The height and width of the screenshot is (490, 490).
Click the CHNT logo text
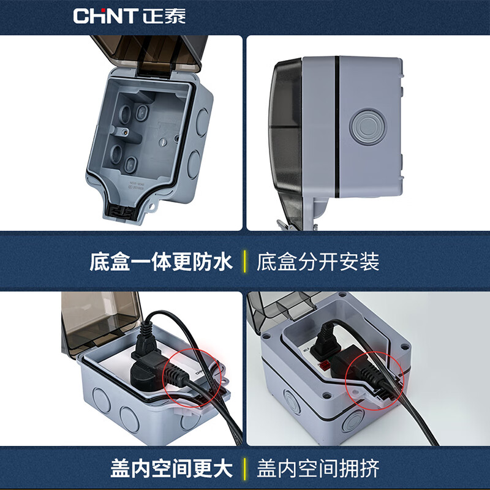105,15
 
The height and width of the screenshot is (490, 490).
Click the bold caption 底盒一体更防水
161,262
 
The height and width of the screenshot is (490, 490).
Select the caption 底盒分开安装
318,262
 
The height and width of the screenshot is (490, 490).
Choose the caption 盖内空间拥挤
318,469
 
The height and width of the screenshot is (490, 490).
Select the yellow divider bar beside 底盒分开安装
245,262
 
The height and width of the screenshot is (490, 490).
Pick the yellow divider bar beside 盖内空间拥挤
245,469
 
